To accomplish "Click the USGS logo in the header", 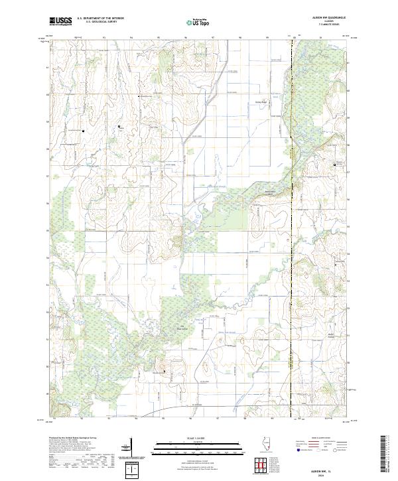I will (61, 21).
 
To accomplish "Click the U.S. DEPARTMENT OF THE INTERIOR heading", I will (100, 19).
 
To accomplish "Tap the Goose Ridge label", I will (260, 102).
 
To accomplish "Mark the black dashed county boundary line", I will (292, 265).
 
